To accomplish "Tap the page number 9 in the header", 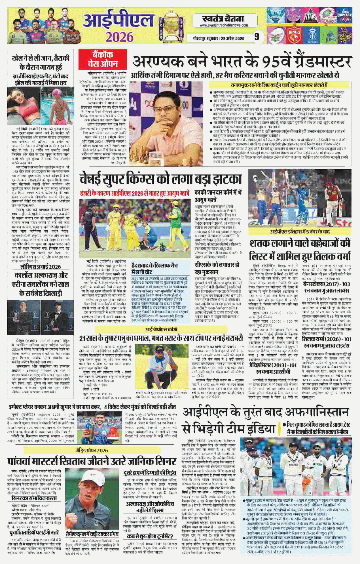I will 256,37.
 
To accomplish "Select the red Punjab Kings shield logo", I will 294,35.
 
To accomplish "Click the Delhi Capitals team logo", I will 345,16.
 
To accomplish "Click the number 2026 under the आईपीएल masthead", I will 119,37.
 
